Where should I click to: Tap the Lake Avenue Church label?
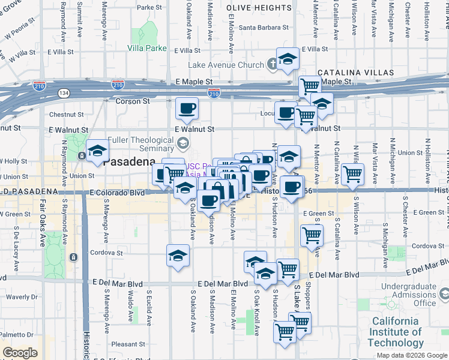pyautogui.click(x=226, y=65)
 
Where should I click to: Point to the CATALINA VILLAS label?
pyautogui.click(x=352, y=71)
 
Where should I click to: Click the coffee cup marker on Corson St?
pyautogui.click(x=187, y=109)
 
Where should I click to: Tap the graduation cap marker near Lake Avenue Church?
pyautogui.click(x=288, y=59)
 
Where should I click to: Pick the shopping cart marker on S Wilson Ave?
pyautogui.click(x=352, y=174)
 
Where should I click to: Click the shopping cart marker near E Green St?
pyautogui.click(x=312, y=236)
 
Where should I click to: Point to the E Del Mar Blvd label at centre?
pyautogui.click(x=223, y=283)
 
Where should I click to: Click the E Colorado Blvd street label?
pyautogui.click(x=118, y=193)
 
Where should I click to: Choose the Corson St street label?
pyautogui.click(x=133, y=101)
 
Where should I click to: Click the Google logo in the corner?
pyautogui.click(x=20, y=353)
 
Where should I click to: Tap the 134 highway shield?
pyautogui.click(x=63, y=92)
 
